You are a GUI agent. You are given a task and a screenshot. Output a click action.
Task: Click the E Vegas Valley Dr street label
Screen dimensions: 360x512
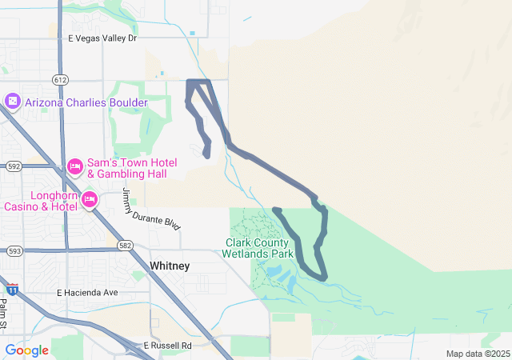pos(102,38)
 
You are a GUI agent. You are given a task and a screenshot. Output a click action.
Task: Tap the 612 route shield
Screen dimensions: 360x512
pos(61,79)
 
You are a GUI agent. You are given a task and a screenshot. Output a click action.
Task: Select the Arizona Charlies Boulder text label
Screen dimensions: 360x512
pos(86,102)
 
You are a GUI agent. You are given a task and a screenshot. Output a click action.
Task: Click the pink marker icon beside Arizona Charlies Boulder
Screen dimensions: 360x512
pos(12,102)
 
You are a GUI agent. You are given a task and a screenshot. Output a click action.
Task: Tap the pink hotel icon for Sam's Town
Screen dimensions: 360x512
pos(75,166)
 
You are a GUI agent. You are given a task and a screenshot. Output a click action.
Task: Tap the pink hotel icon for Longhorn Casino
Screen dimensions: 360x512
pos(89,198)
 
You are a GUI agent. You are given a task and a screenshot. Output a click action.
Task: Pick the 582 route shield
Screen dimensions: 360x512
pos(124,245)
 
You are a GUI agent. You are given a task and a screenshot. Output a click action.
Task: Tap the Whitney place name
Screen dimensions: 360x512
pos(170,266)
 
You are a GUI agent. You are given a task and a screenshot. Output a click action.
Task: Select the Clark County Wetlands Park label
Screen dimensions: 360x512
pos(261,247)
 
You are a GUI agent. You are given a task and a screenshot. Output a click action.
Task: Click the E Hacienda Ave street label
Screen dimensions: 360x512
pos(87,293)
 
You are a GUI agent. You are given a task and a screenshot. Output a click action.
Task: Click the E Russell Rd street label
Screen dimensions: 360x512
pos(168,346)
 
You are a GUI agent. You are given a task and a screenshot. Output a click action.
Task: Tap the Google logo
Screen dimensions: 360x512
pos(26,350)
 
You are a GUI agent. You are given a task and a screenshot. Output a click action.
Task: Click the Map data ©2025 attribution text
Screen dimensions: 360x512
pos(477,354)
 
